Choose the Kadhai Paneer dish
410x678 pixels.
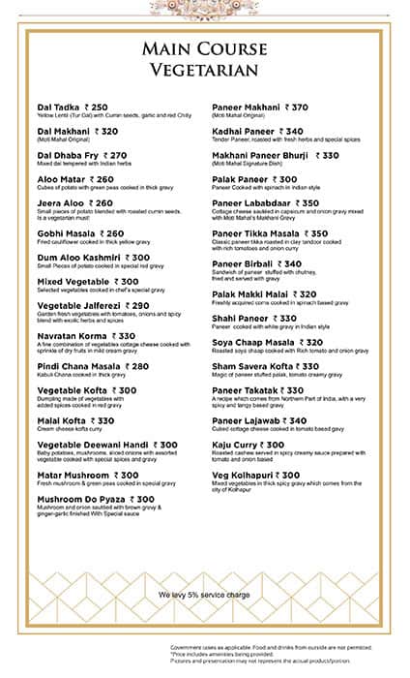(x=243, y=131)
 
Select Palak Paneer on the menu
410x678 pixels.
(x=241, y=179)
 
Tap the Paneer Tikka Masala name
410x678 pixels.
(x=256, y=233)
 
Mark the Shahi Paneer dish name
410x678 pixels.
(x=242, y=318)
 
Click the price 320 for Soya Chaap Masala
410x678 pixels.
(x=310, y=342)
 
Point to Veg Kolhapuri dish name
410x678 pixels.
(x=243, y=476)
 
